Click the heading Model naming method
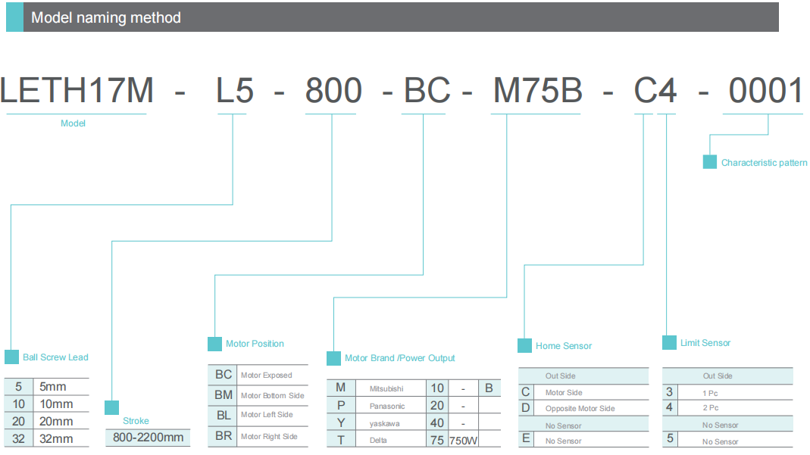105,17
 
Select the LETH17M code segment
77,92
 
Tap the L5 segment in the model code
235,92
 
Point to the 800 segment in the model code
333,92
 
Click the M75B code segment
538,92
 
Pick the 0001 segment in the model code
766,92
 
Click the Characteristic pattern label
764,163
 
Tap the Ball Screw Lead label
55,357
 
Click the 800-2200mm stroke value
148,438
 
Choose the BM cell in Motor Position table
224,394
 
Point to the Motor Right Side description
269,437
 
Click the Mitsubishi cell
386,388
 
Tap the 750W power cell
463,440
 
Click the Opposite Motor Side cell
580,409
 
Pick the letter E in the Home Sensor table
526,438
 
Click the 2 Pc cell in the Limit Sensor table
710,408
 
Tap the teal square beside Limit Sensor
669,343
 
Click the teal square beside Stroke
111,407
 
